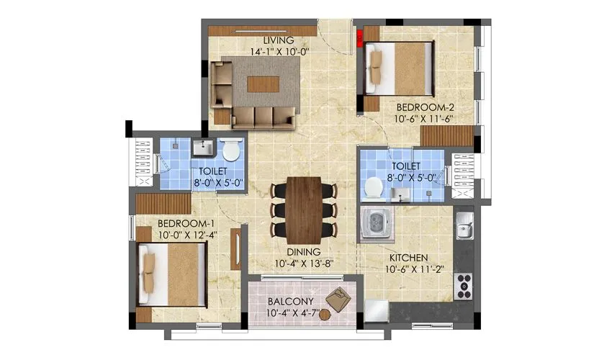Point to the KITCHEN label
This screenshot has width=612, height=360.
(x=410, y=257)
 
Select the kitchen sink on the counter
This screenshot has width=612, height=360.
(x=464, y=230)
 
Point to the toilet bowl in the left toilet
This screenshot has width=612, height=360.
(x=231, y=150)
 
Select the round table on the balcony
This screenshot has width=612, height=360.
(x=325, y=314)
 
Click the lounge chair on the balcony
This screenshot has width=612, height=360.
(x=337, y=297)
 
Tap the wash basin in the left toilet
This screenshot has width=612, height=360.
(x=202, y=148)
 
